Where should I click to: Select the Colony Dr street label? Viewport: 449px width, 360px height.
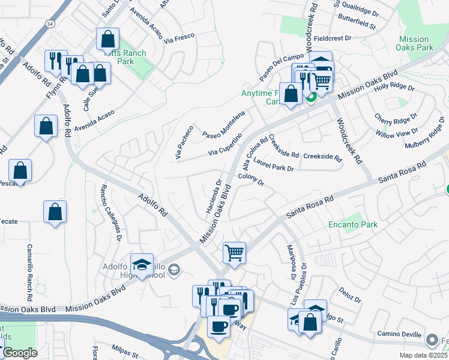(251, 179)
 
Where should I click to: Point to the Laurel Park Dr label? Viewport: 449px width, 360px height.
(273, 165)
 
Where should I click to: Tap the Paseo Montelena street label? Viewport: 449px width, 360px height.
(223, 124)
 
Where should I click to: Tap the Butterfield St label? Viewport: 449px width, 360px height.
(357, 26)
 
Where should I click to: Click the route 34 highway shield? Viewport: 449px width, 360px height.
(50, 23)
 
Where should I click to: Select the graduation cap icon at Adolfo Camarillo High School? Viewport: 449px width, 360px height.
(142, 265)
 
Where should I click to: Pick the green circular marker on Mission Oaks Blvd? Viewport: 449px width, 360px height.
(311, 97)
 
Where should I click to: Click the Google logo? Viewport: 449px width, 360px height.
(20, 353)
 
